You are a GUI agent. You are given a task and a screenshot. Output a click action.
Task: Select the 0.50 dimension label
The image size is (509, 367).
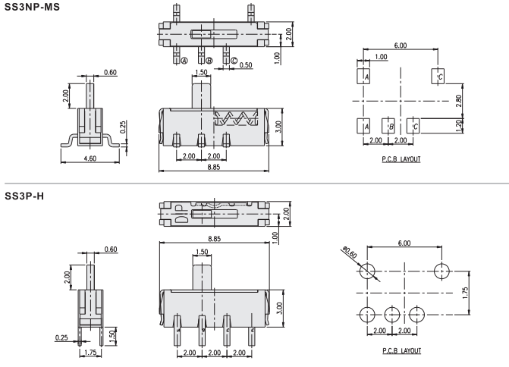coord(246,65)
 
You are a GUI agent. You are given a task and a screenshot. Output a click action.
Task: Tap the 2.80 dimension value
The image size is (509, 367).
coord(457,100)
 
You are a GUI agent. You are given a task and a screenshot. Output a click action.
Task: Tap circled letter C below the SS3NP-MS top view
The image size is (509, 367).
coord(234,61)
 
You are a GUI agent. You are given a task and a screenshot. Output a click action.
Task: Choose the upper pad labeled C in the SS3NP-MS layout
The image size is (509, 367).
coord(438,77)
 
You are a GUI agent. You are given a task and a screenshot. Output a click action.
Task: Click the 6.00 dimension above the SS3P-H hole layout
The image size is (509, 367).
coord(403,243)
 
